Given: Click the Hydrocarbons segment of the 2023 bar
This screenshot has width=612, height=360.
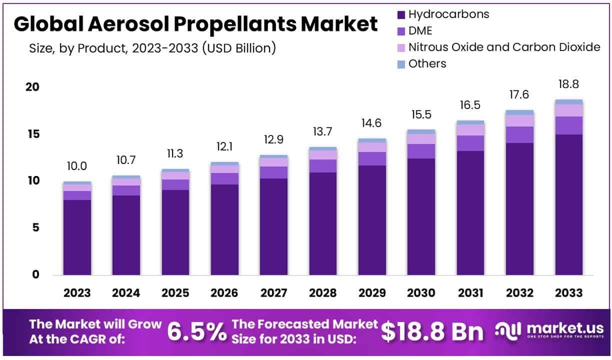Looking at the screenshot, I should tap(77, 237).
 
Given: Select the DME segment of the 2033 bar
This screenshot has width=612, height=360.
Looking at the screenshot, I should tap(568, 125).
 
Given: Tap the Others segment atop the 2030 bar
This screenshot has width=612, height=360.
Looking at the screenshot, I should tap(421, 131).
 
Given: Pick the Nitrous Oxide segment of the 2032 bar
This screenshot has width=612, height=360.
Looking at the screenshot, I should tap(519, 120).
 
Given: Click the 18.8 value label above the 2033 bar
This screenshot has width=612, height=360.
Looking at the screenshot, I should tap(568, 84).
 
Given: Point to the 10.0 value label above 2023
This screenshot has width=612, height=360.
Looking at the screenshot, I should tap(77, 166).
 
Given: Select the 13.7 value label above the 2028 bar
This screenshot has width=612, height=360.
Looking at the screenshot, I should tap(322, 132).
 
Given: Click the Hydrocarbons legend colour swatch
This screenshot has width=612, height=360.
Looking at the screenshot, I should tap(401, 14).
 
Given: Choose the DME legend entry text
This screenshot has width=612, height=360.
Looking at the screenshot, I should tap(420, 30).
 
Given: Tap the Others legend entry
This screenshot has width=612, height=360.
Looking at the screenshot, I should tap(427, 63).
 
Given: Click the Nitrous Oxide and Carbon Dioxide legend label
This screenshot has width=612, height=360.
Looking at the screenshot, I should tap(504, 47).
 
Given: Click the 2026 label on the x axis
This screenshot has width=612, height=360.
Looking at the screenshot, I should tap(224, 293).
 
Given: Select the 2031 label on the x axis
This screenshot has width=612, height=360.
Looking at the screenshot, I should tap(470, 293).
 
